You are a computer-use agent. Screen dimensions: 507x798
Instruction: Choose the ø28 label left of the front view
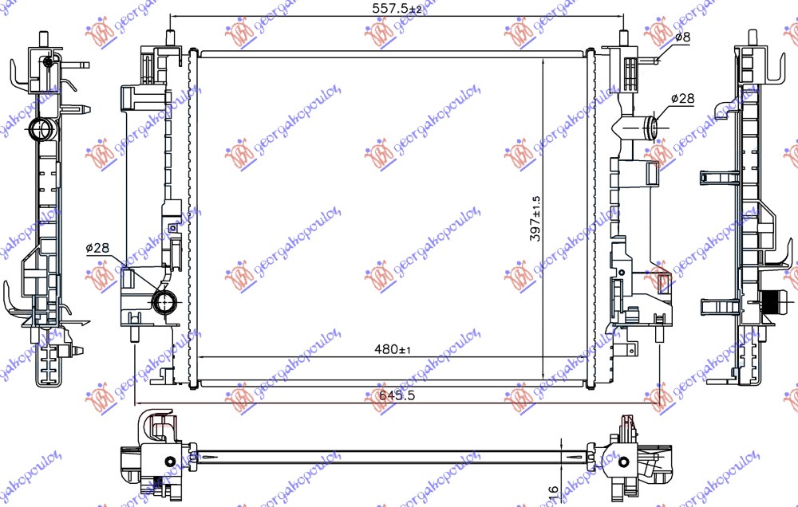[97, 249]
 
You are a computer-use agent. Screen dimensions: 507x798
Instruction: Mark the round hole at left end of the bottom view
[169, 462]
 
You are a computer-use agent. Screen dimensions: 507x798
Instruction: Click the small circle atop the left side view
[49, 62]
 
